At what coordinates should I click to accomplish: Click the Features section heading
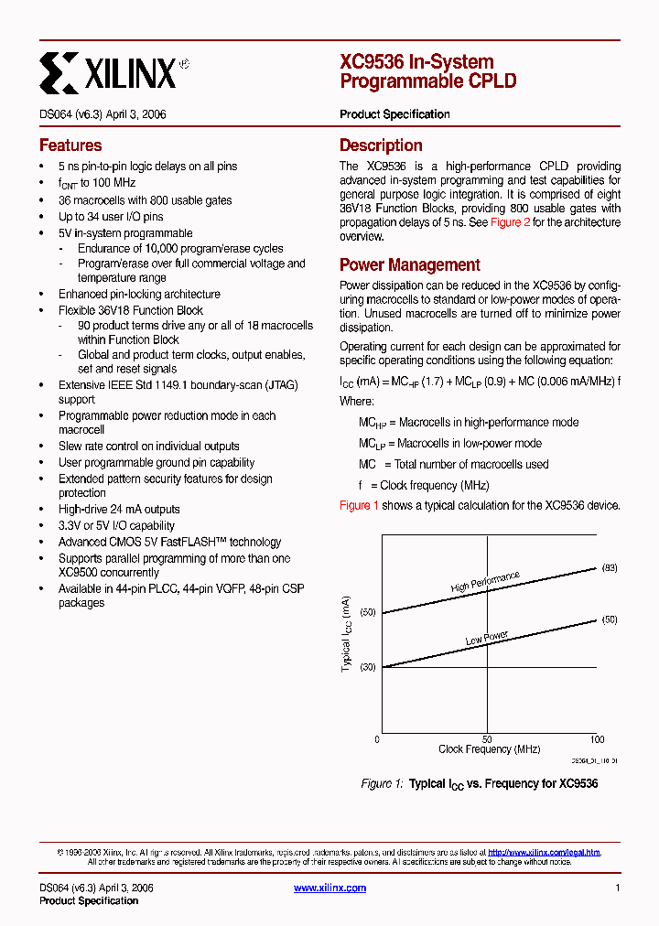coord(70,145)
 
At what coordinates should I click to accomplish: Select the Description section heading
coord(381,145)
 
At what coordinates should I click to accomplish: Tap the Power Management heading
coord(409,265)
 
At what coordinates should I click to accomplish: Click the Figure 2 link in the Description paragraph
coord(510,222)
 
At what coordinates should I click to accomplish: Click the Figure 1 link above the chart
coord(359,506)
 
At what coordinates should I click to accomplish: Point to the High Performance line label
coord(485,582)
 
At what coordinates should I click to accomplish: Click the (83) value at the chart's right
coord(610,568)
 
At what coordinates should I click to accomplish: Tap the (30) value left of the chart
coord(367,667)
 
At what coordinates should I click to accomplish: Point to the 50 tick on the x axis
coord(487,739)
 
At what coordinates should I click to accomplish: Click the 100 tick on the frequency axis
coord(597,739)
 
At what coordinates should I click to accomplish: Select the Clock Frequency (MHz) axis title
coord(488,749)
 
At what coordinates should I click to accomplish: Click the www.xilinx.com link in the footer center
coord(329,888)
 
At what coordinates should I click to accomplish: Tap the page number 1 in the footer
coord(618,888)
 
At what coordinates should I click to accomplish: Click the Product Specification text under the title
coord(394,114)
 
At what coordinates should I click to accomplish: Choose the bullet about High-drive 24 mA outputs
coord(119,510)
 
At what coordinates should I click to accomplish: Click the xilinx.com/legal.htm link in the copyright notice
coord(544,852)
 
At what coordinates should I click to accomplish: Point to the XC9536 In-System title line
coord(416,62)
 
